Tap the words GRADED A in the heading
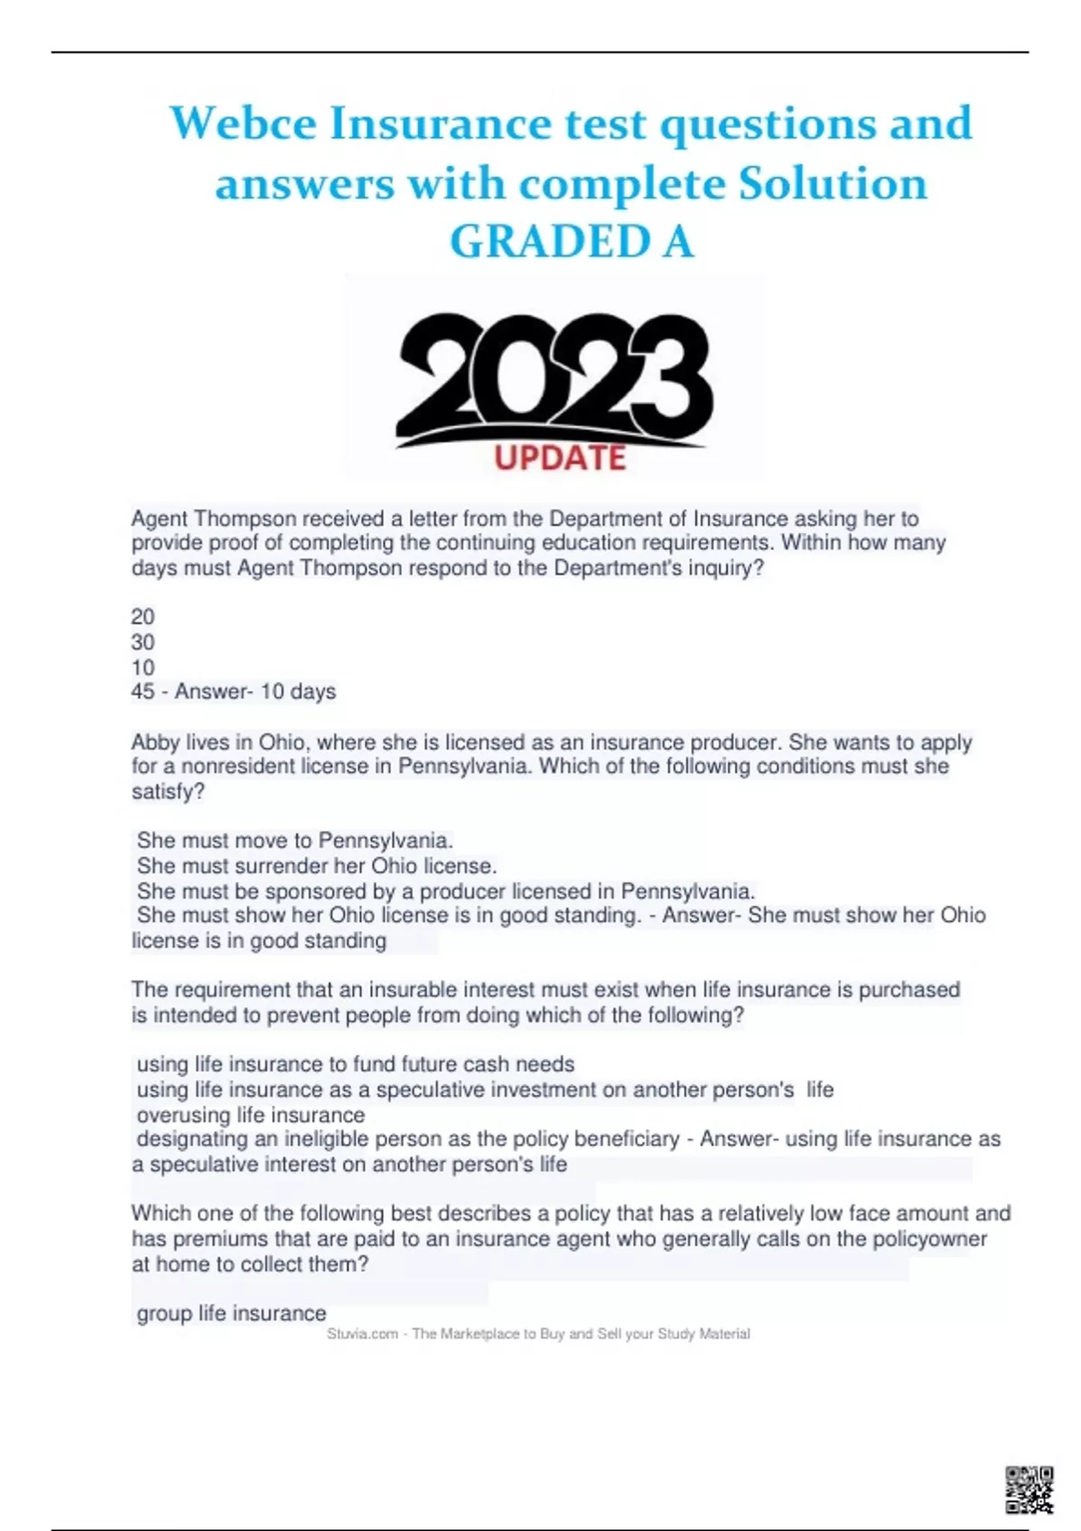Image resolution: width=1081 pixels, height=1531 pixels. coord(571,241)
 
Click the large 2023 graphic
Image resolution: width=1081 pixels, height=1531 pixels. coord(555,374)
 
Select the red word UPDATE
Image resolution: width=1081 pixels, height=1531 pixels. coord(559,458)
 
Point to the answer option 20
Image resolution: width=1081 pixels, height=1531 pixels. coord(143,617)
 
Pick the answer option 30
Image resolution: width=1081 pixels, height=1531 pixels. coord(143,642)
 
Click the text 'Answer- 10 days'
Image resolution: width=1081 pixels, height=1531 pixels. coord(255,692)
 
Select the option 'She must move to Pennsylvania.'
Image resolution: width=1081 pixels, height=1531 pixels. coord(295,840)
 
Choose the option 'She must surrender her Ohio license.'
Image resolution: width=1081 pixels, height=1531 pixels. coord(316,865)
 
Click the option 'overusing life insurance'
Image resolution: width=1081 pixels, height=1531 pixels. coord(250,1114)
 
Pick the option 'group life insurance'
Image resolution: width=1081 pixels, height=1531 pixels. coord(232,1313)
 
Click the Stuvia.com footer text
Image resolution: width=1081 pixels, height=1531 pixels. coord(539,1334)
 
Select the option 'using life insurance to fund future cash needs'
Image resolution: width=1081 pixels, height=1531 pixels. coord(355,1064)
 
